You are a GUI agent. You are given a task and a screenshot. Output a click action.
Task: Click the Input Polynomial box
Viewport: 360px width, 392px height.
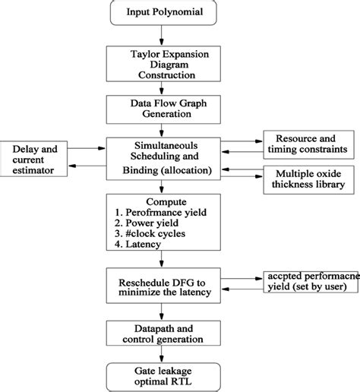[x=159, y=13]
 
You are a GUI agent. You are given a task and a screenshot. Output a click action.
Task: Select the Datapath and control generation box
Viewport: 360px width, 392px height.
[x=159, y=332]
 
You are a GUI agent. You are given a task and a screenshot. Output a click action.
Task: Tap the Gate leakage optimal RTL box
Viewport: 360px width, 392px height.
[x=159, y=375]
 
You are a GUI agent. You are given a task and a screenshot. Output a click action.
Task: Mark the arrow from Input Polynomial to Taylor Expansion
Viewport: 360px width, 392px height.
[x=159, y=35]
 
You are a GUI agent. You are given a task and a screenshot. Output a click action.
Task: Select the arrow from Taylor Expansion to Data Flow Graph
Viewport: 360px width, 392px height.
[x=159, y=87]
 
